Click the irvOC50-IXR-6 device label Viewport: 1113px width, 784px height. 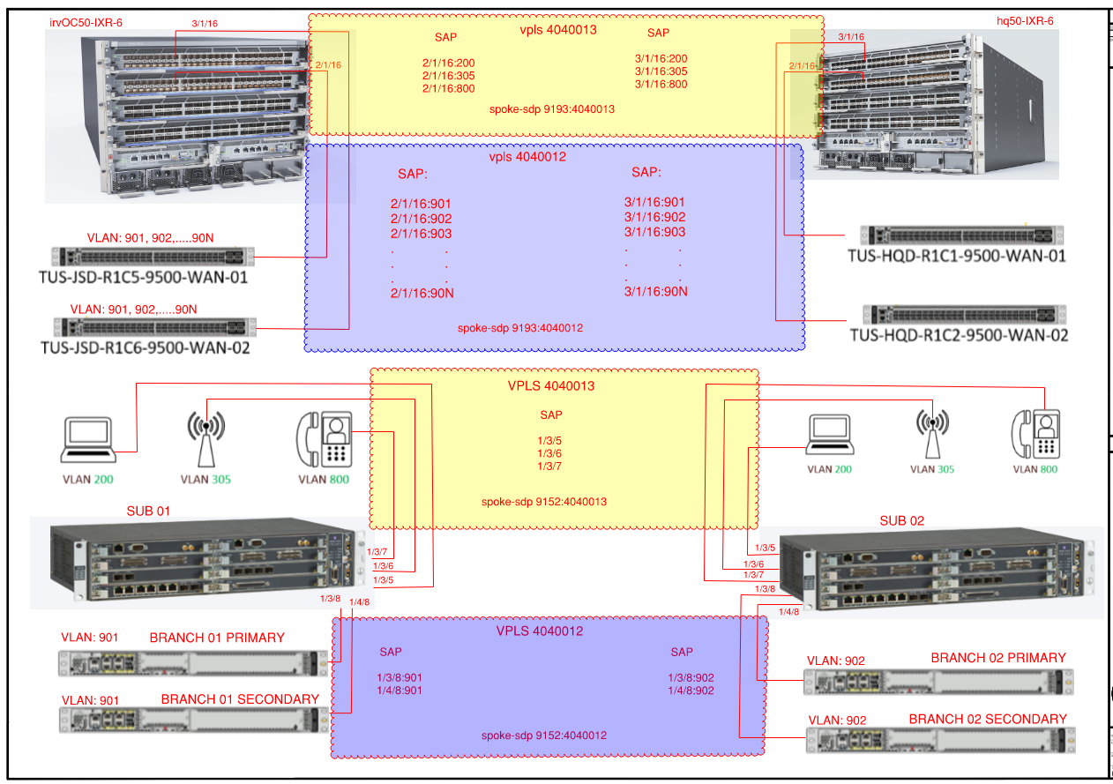point(86,22)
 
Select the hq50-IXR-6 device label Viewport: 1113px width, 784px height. point(1025,21)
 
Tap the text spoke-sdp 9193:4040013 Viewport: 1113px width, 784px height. point(551,109)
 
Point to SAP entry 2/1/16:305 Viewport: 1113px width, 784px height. point(448,76)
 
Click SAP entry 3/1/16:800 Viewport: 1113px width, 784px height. point(661,84)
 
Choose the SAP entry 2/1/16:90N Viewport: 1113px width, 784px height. point(422,293)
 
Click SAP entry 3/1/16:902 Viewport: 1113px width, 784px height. point(654,217)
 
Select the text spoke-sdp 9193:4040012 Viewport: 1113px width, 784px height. point(520,328)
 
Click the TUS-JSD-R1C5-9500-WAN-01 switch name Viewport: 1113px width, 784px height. point(143,277)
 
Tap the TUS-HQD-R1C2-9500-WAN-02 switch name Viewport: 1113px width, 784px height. point(959,335)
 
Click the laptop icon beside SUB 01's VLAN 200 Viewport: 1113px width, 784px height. point(88,440)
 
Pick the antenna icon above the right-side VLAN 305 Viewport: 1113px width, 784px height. point(932,434)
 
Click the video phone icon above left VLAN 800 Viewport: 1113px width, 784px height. point(325,439)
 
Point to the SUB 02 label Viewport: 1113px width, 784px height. point(902,520)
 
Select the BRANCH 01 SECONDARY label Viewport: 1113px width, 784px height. point(240,699)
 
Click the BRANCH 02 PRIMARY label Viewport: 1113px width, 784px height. point(998,658)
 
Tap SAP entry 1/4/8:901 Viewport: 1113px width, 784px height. point(399,691)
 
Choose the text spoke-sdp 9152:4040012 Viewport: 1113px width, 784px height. point(544,735)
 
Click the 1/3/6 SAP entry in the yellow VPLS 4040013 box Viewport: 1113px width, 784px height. point(549,453)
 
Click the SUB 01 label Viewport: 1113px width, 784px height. point(148,511)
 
